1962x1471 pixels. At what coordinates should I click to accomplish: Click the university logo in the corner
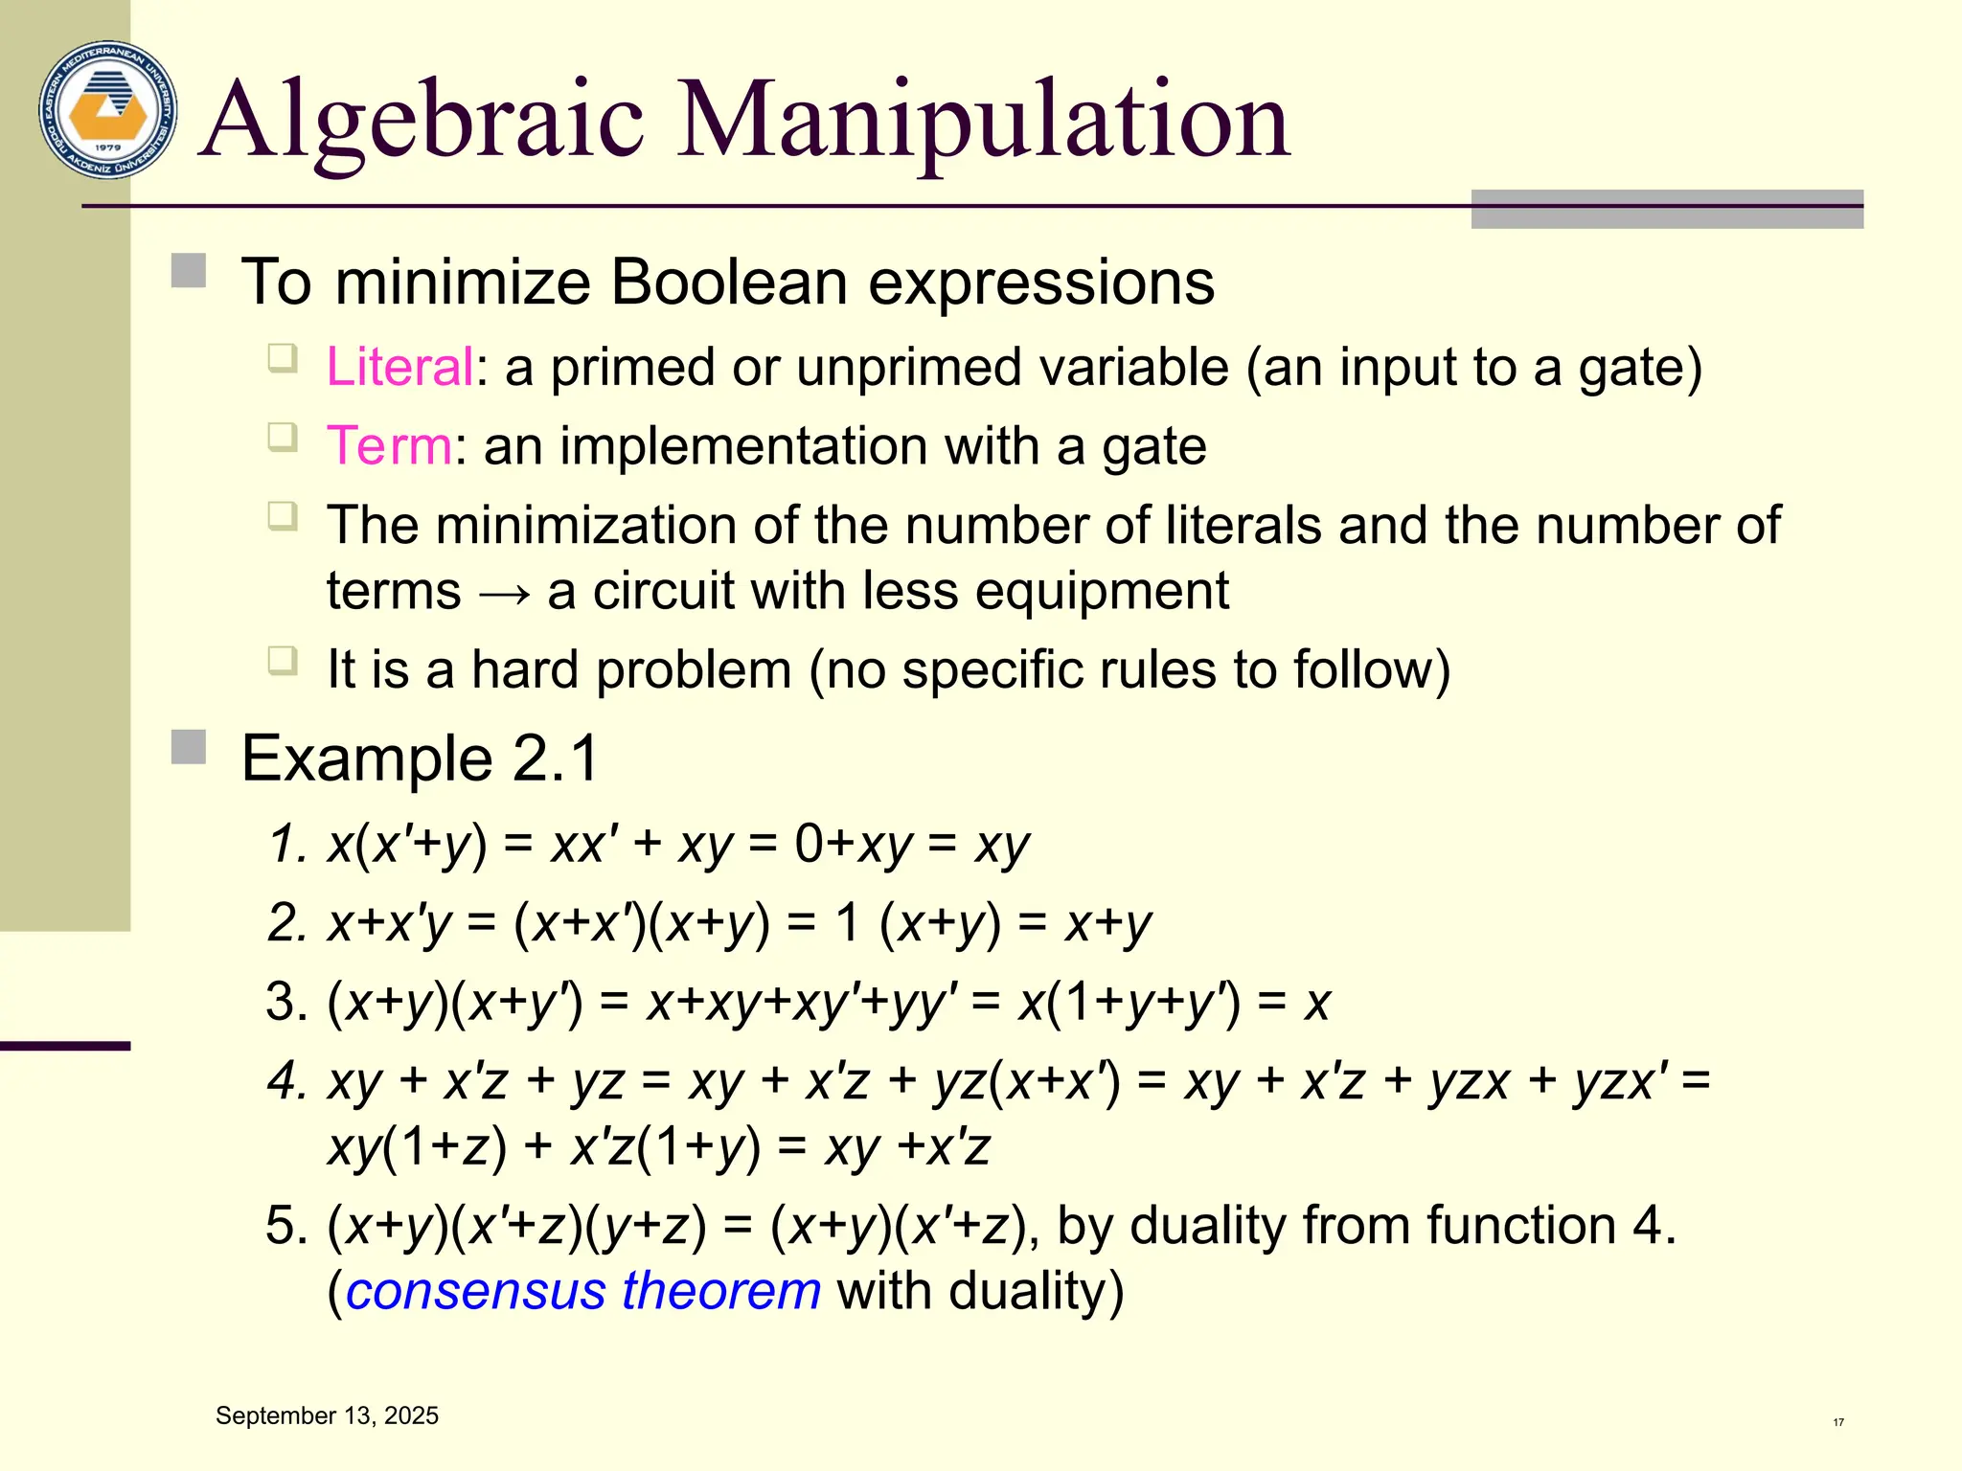[108, 110]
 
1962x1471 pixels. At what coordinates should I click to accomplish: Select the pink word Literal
[399, 367]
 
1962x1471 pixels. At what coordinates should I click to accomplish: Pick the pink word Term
[389, 446]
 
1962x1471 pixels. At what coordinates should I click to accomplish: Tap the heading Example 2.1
[420, 758]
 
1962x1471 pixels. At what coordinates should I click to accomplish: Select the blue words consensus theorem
[582, 1291]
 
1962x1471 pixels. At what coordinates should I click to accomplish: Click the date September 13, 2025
[327, 1415]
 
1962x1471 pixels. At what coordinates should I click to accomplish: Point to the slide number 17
[1838, 1422]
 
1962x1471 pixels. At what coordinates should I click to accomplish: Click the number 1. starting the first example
[287, 845]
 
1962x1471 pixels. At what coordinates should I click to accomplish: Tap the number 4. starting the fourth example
[287, 1082]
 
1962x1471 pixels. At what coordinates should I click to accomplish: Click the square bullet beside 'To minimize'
[189, 271]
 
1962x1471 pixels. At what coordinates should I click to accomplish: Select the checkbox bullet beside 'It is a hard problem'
[283, 661]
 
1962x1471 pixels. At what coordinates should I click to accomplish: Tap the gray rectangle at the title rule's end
[1666, 209]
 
